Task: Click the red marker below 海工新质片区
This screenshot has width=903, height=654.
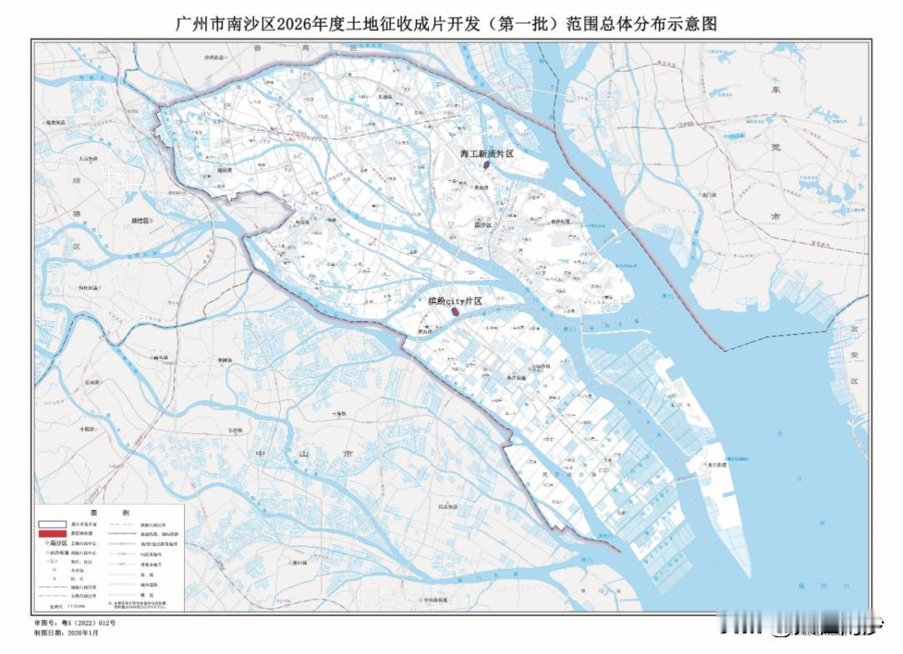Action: (485, 166)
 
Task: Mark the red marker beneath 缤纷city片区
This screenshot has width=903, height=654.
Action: (456, 312)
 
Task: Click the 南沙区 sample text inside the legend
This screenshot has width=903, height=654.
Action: (59, 543)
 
